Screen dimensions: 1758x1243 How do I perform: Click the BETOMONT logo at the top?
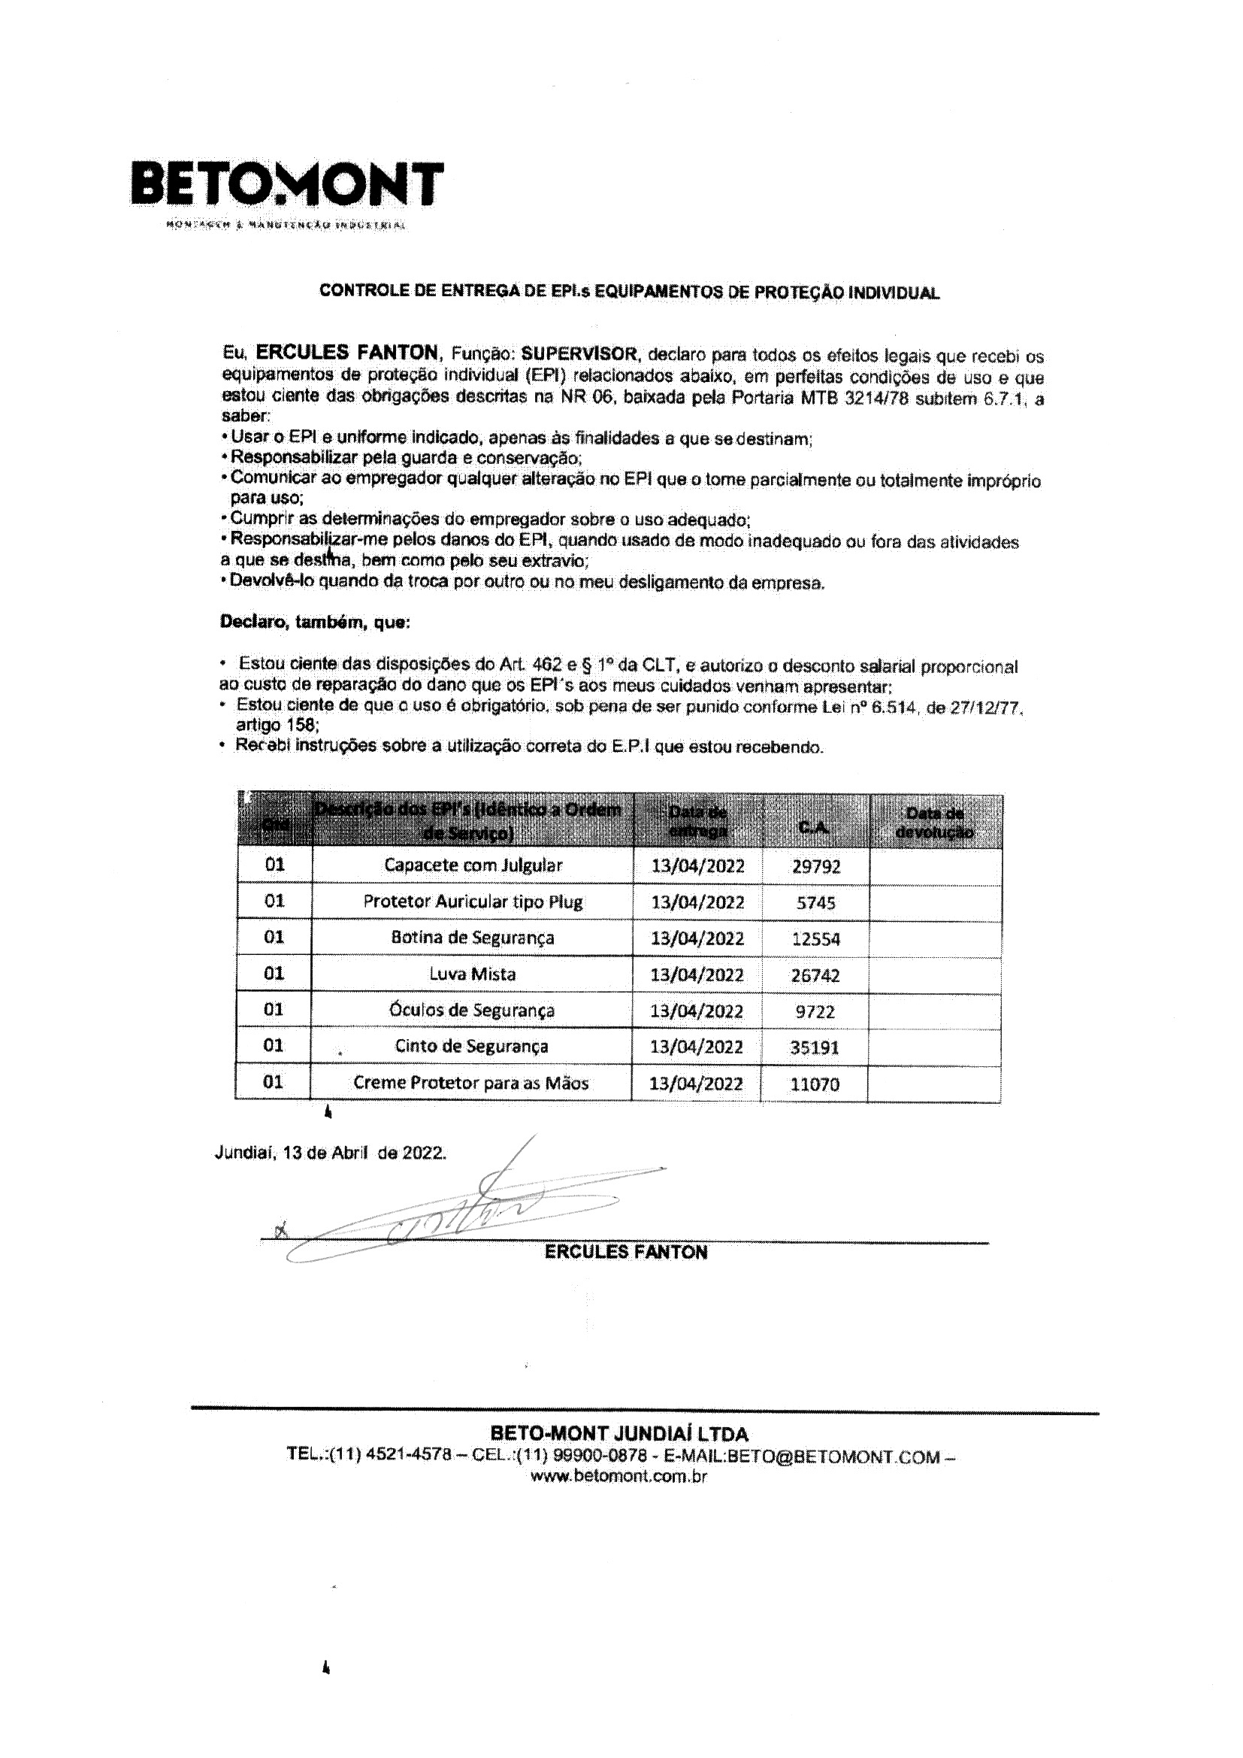[287, 184]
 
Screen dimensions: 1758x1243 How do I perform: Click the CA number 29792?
[816, 867]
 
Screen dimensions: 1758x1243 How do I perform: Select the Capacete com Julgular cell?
[473, 865]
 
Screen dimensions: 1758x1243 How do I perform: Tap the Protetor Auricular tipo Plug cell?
[473, 902]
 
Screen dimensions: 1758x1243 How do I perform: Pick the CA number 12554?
[816, 938]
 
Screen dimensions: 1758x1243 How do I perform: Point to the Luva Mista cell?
[472, 974]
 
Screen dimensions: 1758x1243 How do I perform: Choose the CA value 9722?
[815, 1011]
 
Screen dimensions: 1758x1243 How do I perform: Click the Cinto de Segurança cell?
[471, 1046]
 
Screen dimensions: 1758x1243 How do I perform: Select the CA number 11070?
[815, 1084]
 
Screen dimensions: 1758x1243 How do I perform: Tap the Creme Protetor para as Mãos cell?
[470, 1083]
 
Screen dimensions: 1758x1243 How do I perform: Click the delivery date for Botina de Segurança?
[697, 938]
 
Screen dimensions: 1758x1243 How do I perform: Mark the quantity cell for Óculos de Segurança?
[274, 1009]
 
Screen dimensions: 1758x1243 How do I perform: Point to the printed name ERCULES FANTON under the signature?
[626, 1252]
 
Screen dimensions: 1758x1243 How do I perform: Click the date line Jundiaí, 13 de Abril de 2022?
[330, 1153]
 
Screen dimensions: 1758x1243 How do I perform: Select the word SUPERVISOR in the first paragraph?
[579, 353]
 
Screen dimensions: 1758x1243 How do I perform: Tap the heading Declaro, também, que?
[316, 623]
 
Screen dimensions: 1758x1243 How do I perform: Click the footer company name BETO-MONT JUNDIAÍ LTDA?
[619, 1434]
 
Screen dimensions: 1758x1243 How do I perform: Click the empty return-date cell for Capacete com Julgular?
[936, 867]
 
